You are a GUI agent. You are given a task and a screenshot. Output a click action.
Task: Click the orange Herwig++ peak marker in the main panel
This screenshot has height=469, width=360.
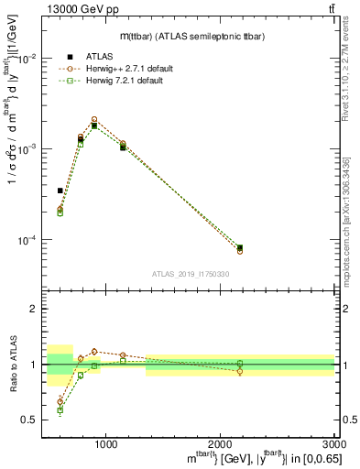94,119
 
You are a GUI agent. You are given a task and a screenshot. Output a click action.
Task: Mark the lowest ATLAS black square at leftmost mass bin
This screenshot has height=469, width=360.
60,191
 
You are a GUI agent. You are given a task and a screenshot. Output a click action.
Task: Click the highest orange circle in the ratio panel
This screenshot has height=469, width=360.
94,351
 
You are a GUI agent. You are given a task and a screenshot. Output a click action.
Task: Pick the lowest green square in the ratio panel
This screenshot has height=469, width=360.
60,410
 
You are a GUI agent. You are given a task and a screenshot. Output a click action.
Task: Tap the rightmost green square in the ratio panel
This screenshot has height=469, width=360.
240,364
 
